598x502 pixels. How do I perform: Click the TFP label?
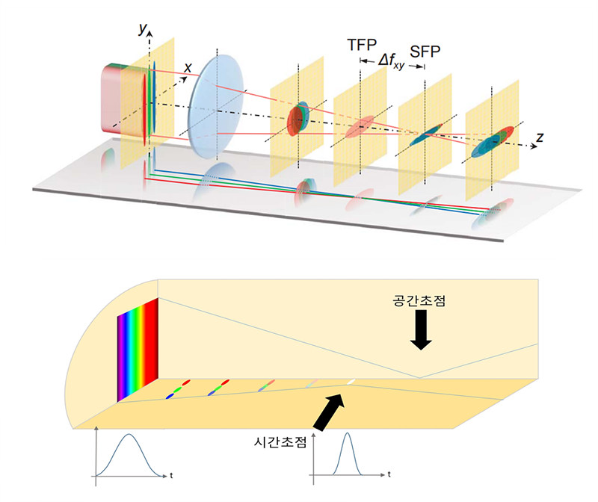coord(363,45)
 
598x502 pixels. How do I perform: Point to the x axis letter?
coord(188,67)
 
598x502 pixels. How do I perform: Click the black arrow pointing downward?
coord(422,331)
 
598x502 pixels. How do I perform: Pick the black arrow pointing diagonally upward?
coord(329,413)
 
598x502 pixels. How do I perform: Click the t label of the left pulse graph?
coord(171,474)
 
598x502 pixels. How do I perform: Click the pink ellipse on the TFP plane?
coord(363,126)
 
